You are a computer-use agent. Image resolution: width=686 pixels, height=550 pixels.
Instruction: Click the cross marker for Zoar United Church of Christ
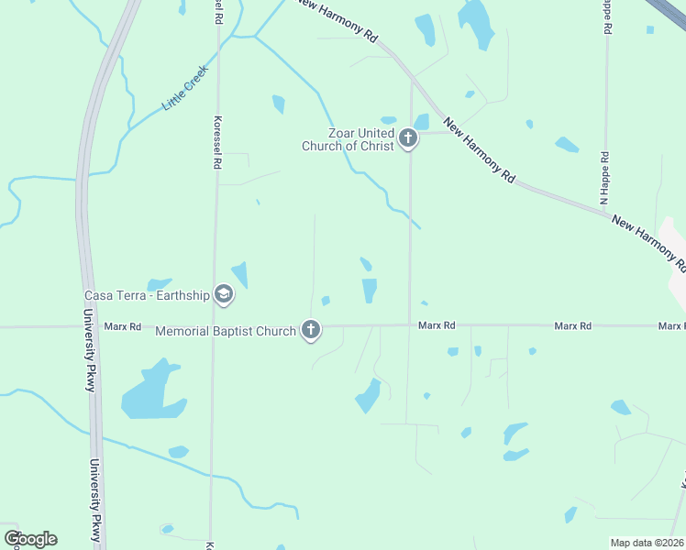point(408,139)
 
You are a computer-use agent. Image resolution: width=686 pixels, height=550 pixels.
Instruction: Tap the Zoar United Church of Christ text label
point(349,139)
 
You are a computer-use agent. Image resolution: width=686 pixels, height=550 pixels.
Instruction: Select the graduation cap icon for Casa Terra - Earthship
point(223,294)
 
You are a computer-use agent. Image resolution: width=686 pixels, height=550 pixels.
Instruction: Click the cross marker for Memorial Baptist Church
point(311,330)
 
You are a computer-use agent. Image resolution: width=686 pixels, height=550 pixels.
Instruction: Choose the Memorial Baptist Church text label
point(226,331)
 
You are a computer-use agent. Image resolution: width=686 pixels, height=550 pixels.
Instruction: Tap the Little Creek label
point(185,88)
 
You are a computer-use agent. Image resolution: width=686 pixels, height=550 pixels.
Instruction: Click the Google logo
point(30,539)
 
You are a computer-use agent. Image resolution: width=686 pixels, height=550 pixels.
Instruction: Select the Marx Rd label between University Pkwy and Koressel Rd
point(122,326)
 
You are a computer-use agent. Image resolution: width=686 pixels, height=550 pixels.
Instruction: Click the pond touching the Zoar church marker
point(422,122)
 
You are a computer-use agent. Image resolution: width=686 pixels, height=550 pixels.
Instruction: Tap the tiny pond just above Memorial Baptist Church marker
point(326,301)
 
